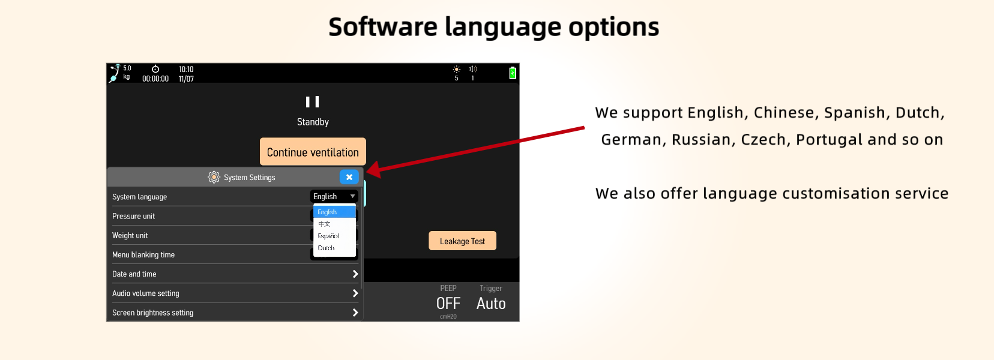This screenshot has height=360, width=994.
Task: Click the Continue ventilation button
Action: click(x=313, y=152)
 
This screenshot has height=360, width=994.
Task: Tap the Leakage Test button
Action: click(x=462, y=241)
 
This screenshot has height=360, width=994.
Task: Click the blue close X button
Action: click(x=349, y=177)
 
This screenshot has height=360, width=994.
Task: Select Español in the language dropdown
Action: click(x=328, y=236)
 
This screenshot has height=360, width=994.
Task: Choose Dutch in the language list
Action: click(x=326, y=248)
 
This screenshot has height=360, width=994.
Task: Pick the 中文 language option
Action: click(x=324, y=224)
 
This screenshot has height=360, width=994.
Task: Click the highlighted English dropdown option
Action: click(x=334, y=212)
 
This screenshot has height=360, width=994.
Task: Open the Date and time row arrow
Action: click(x=355, y=274)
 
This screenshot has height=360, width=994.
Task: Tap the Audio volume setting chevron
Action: click(x=355, y=293)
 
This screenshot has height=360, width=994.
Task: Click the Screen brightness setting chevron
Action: click(x=355, y=313)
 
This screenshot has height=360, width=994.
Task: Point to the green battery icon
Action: click(x=513, y=73)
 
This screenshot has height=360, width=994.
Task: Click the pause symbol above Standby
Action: click(x=312, y=102)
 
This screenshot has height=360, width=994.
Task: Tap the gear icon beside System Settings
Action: click(x=214, y=178)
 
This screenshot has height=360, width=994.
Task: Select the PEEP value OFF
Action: click(x=448, y=304)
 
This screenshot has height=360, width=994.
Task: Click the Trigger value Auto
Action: click(x=491, y=304)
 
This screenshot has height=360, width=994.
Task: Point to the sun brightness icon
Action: click(x=456, y=69)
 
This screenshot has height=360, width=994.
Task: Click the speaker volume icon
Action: click(x=472, y=69)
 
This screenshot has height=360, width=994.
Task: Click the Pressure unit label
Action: click(x=134, y=217)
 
